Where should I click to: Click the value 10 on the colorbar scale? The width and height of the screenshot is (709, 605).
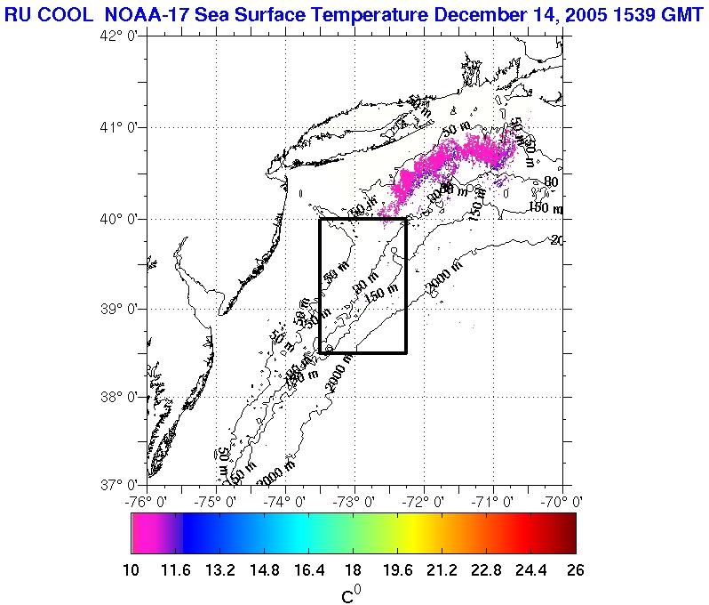(131, 570)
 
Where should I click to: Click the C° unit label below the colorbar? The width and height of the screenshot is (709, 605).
(353, 593)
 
